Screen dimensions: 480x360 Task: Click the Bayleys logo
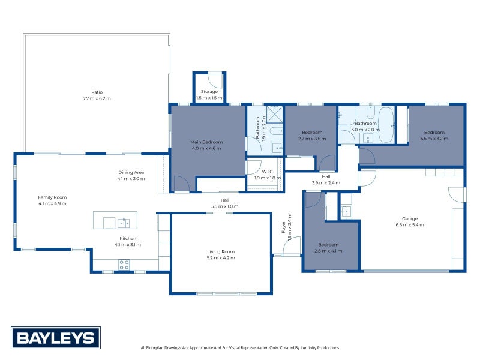56,338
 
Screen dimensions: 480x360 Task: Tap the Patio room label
97,92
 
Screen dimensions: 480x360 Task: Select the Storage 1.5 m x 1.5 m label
209,95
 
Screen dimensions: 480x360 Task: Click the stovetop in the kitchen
124,265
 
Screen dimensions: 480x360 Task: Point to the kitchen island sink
124,223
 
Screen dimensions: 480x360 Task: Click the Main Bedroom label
206,142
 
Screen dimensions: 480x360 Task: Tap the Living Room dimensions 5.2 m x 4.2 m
221,258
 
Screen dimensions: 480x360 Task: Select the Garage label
410,218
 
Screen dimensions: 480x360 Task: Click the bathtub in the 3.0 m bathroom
386,125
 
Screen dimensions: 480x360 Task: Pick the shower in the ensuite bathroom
275,114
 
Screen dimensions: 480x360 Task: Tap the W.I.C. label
268,172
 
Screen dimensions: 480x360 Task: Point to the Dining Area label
131,172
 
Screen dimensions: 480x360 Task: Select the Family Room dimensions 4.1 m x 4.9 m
52,203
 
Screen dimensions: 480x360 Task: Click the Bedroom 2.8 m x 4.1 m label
328,248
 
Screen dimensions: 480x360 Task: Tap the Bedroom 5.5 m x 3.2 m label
434,136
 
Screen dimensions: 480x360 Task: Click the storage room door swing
215,81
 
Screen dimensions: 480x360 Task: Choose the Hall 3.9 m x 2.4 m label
326,179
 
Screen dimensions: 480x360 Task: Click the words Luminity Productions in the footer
320,348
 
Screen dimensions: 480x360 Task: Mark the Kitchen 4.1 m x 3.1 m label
128,242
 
